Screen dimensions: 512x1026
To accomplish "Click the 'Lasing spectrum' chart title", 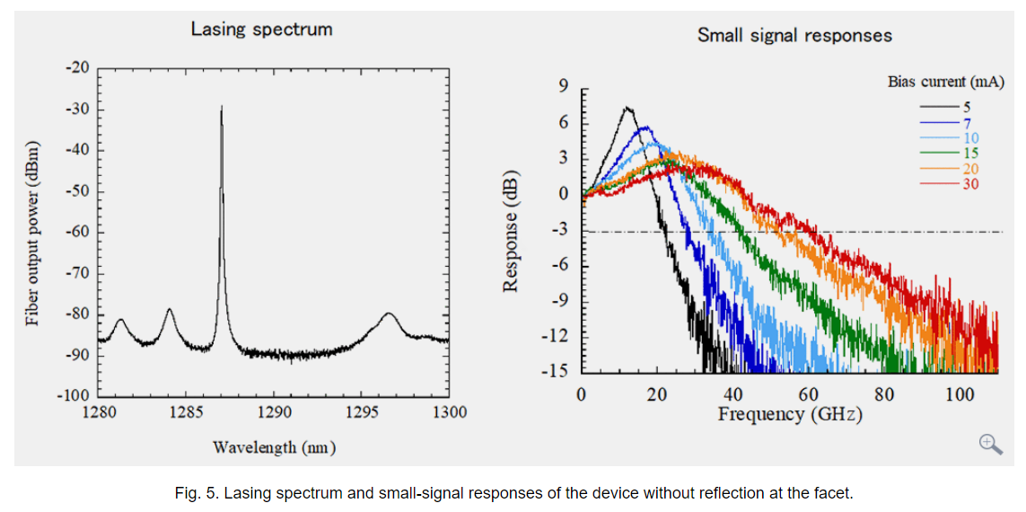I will pos(261,29).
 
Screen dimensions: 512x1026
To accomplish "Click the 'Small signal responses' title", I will pos(794,35).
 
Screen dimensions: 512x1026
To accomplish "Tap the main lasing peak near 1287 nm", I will pos(222,108).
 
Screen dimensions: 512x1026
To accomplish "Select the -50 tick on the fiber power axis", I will pos(78,191).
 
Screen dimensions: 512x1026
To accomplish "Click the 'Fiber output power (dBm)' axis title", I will pos(33,233).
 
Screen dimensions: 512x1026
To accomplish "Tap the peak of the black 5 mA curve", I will pos(627,109).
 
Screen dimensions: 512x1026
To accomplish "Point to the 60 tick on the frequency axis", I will pos(809,393).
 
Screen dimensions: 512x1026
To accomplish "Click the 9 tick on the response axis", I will pos(564,87).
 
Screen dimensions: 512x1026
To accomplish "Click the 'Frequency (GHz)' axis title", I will pos(790,414).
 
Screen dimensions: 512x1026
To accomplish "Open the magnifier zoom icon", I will pos(990,444).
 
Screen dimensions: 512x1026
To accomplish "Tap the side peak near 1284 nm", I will pos(169,310).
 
